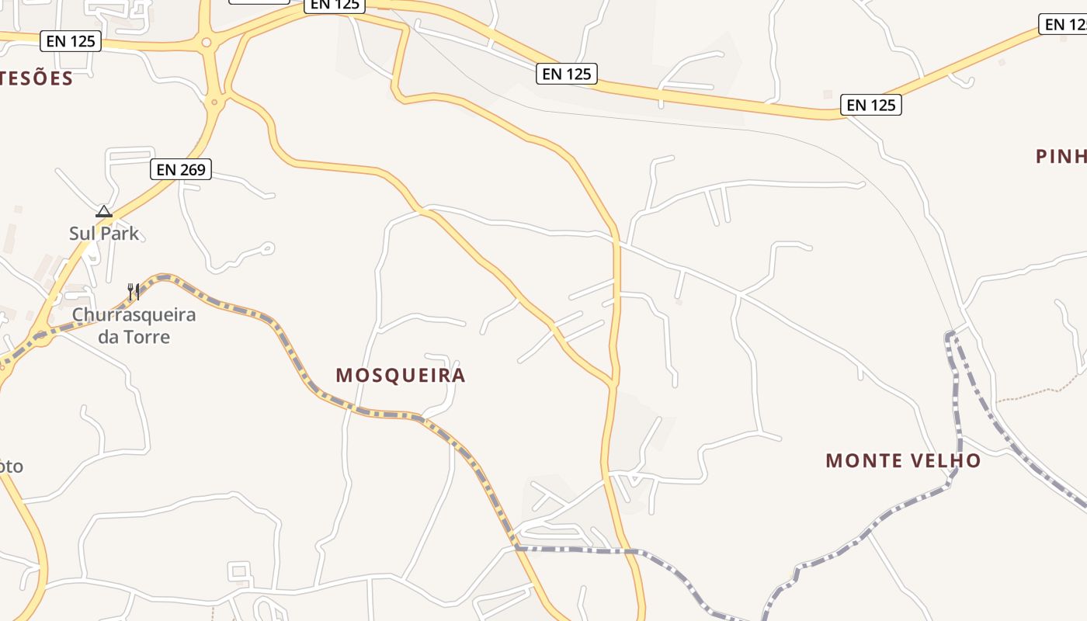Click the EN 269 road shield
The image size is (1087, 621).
181,169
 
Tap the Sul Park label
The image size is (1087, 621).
104,233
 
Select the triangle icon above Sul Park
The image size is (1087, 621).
104,211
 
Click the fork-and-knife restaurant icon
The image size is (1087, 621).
134,292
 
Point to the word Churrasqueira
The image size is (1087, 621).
134,315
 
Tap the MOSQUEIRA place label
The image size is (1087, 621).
401,376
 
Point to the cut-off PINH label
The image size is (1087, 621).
1061,157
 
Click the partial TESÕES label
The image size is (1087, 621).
36,78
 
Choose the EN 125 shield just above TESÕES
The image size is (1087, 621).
71,41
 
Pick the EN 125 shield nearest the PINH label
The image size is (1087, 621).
871,105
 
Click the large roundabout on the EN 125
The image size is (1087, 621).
207,43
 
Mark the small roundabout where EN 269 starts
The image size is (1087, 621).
215,101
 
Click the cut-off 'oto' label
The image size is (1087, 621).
11,467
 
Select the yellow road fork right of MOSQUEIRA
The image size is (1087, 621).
613,382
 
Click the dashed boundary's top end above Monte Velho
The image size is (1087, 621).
949,335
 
